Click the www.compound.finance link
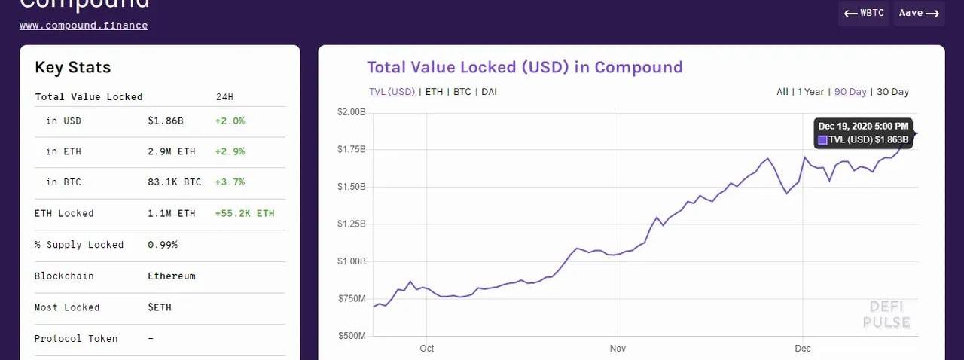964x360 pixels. click(x=84, y=26)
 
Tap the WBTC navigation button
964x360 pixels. click(x=864, y=14)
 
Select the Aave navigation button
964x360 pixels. click(x=919, y=14)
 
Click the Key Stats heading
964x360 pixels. click(x=72, y=68)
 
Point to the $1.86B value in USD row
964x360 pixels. click(x=166, y=121)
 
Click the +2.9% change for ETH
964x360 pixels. click(x=230, y=151)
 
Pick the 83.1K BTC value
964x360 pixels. click(x=175, y=182)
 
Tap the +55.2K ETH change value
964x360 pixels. click(x=245, y=214)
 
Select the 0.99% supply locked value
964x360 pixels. click(x=163, y=245)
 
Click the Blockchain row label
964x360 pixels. click(x=64, y=276)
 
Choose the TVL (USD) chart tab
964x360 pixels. click(x=392, y=92)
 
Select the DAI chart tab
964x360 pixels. click(x=489, y=92)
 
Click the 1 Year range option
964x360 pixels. click(x=811, y=92)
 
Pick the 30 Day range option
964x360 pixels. click(x=893, y=92)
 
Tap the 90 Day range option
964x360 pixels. click(x=850, y=92)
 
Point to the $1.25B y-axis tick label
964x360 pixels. click(x=351, y=224)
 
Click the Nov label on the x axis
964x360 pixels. click(x=618, y=349)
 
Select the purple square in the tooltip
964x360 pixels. click(x=823, y=140)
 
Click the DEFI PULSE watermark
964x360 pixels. click(x=886, y=315)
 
